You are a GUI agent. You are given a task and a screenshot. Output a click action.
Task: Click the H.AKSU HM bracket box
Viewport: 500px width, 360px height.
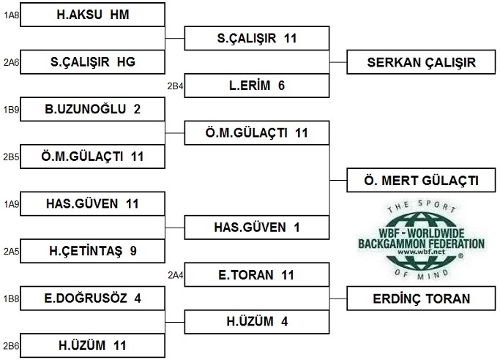[92, 15]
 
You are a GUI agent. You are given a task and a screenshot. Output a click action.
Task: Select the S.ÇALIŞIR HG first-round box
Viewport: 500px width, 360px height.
[92, 62]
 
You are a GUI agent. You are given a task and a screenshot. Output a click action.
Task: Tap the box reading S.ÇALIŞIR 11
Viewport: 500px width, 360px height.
[257, 38]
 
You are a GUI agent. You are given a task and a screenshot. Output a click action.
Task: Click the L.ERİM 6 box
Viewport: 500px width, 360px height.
[257, 86]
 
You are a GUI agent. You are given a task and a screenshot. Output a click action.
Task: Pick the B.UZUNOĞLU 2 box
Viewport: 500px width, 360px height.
[92, 109]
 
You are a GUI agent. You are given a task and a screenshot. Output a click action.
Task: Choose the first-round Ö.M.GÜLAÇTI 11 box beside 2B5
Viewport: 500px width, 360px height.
[92, 157]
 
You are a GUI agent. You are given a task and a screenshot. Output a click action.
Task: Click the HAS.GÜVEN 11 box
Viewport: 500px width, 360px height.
[92, 203]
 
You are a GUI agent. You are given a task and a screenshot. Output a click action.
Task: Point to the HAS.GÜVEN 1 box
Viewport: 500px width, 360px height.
[257, 227]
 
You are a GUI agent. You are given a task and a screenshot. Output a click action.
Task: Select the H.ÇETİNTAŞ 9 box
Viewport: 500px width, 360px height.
[92, 251]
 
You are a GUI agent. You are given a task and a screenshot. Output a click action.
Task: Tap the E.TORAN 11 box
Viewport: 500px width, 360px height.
[257, 274]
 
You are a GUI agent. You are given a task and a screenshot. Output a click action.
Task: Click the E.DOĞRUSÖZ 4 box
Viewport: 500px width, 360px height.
[92, 298]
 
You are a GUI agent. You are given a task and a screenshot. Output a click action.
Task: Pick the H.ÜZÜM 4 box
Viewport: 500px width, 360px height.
[257, 321]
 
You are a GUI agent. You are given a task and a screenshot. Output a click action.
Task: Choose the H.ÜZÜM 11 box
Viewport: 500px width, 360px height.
[92, 345]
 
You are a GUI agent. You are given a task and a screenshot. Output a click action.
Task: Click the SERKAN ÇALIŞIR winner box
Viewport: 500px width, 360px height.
[421, 62]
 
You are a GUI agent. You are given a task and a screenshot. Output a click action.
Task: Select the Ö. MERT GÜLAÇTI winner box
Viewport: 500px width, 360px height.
[421, 180]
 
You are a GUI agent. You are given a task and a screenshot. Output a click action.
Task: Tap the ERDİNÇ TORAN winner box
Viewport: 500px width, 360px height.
[421, 298]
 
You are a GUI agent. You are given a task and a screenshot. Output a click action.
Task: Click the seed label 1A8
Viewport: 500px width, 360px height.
[10, 15]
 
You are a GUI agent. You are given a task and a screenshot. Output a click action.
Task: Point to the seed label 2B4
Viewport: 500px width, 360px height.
[175, 86]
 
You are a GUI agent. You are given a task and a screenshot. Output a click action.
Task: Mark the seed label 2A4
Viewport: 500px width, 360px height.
[175, 274]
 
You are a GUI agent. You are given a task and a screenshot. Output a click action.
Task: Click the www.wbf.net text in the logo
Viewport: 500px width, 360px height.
[421, 252]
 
